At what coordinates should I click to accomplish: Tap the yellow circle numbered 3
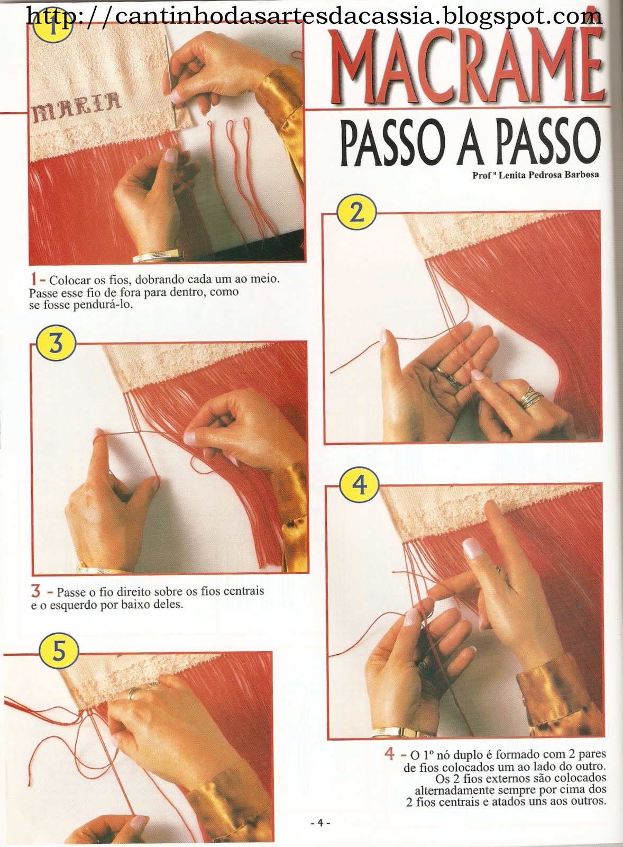click(x=56, y=345)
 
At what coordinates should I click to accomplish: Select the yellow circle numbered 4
click(x=359, y=484)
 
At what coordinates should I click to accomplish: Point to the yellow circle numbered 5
click(x=59, y=653)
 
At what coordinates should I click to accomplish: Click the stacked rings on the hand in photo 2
click(x=530, y=398)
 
